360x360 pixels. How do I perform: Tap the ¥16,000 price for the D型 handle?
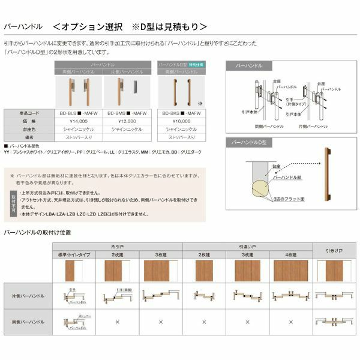pyautogui.click(x=178, y=120)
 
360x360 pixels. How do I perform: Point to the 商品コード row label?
pyautogui.click(x=29, y=112)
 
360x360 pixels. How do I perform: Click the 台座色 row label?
pyautogui.click(x=29, y=128)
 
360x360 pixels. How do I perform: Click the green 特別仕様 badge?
pyautogui.click(x=196, y=63)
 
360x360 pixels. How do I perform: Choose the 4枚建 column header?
pyautogui.click(x=292, y=255)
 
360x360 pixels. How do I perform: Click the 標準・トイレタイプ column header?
pyautogui.click(x=74, y=255)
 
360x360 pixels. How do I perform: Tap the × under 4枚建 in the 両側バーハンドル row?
pyautogui.click(x=292, y=322)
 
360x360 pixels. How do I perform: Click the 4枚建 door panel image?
pyautogui.click(x=292, y=271)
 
